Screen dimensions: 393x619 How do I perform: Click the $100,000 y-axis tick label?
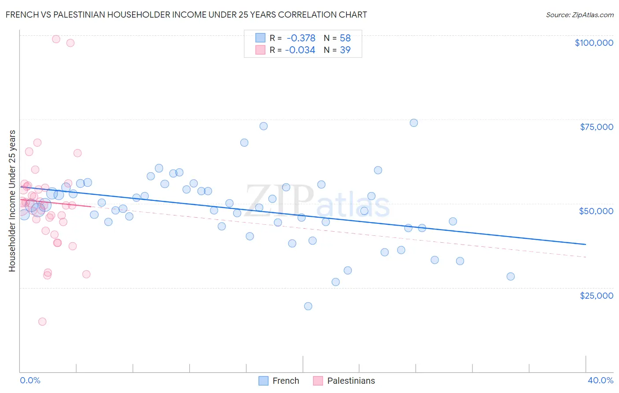pos(593,43)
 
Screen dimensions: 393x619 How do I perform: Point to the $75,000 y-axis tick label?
pos(596,127)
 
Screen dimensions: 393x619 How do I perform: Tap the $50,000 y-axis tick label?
pos(596,211)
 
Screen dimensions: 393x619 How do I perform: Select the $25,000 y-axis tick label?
pos(596,296)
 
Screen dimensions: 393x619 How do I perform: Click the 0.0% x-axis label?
pos(30,380)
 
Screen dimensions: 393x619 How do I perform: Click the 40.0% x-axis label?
pos(600,380)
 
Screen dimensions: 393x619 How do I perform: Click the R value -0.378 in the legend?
pos(301,38)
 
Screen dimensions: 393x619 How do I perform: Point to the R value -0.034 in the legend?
pos(300,50)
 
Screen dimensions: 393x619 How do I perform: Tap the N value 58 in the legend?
pos(345,38)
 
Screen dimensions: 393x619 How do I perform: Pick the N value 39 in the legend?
pos(345,50)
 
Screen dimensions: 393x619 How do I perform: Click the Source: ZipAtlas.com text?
pos(579,15)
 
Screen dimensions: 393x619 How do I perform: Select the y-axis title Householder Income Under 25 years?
pos(12,201)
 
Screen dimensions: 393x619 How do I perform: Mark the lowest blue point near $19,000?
pos(308,306)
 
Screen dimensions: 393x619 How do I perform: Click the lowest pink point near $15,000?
pos(42,322)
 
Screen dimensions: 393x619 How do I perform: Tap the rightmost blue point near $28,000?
pos(511,277)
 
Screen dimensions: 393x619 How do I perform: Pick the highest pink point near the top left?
pos(56,39)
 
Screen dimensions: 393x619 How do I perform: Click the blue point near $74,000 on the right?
pos(414,123)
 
